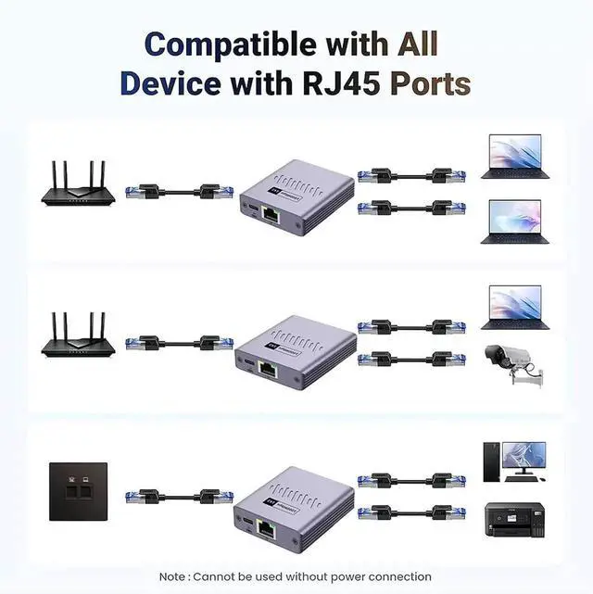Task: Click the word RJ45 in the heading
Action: coord(338,83)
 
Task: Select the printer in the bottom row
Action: coord(514,520)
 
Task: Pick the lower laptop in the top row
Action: coord(515,223)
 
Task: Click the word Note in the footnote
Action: coord(173,577)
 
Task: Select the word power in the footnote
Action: coord(347,577)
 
